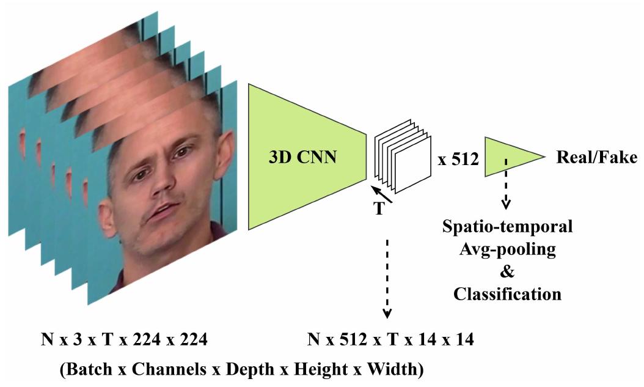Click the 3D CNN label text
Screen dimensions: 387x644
click(303, 158)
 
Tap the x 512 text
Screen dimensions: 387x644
click(457, 161)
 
